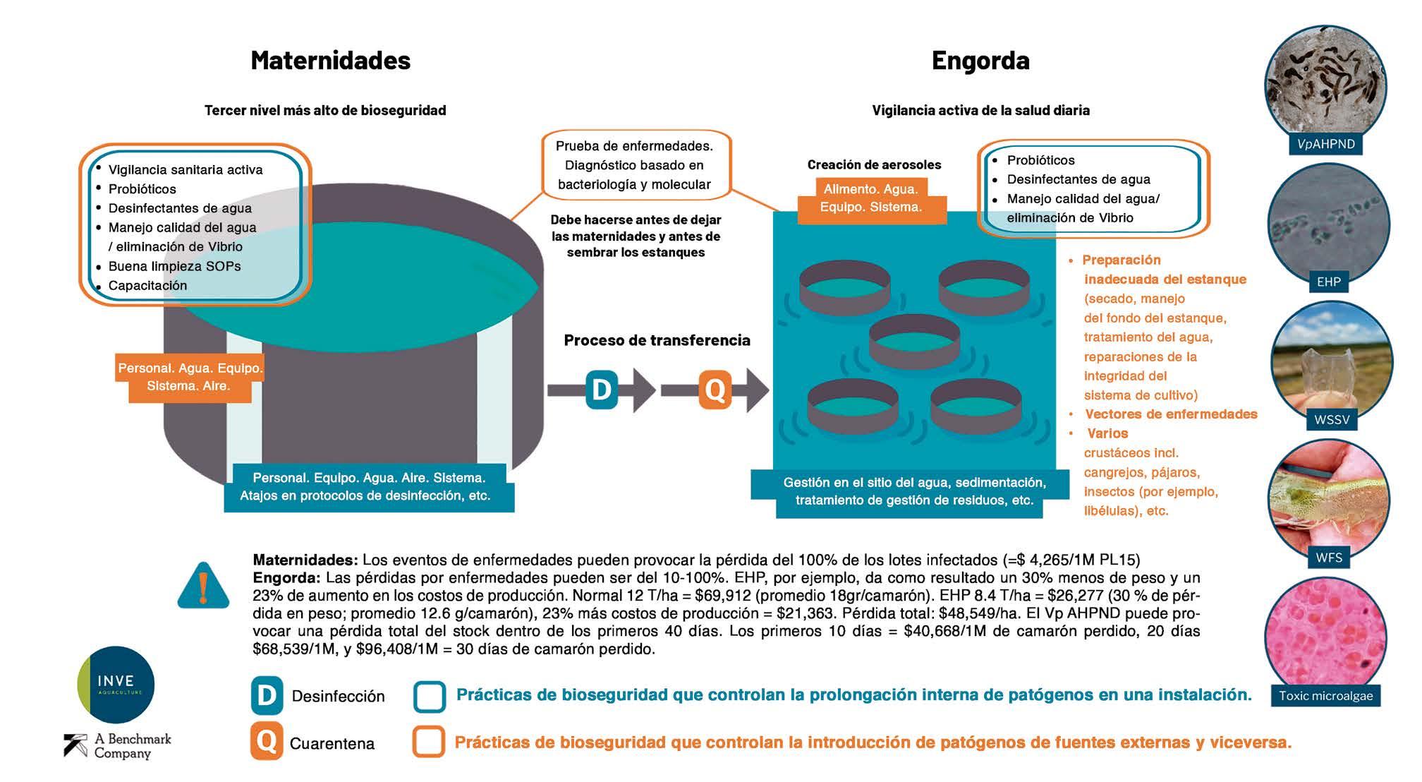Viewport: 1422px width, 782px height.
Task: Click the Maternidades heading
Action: [x=330, y=61]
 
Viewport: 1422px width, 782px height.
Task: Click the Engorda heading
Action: [x=980, y=61]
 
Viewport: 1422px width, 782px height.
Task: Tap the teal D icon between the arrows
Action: [x=602, y=390]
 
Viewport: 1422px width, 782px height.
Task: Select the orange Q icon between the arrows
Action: [x=715, y=390]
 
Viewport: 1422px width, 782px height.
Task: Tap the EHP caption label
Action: [x=1328, y=282]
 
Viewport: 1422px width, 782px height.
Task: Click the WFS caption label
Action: [x=1329, y=558]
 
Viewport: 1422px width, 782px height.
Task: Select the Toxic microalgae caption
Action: [x=1325, y=696]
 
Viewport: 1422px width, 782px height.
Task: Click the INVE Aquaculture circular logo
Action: [x=116, y=684]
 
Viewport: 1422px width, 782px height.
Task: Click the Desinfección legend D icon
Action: [x=267, y=696]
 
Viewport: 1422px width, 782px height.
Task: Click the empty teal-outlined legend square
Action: [x=430, y=697]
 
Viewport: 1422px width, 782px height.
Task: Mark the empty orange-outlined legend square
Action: [x=429, y=742]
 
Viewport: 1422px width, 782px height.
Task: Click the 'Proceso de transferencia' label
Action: [x=657, y=340]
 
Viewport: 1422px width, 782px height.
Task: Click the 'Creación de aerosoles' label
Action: [x=874, y=164]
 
